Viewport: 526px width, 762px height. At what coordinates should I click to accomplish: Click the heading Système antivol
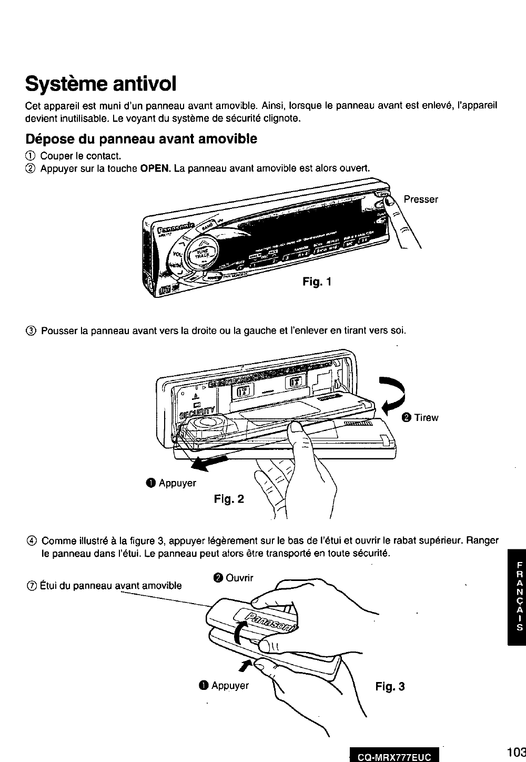100,83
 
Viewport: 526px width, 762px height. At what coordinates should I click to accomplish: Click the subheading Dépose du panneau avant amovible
141,139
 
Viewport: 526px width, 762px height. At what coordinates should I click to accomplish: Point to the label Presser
421,199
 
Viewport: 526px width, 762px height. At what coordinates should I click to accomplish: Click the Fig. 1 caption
317,282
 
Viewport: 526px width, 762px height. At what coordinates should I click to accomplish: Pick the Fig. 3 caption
390,686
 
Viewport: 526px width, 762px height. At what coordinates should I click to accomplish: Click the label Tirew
426,418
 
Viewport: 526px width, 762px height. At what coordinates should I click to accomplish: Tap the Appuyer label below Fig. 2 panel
177,483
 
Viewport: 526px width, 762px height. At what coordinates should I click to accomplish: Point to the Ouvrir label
239,578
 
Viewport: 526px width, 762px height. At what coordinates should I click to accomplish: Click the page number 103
517,751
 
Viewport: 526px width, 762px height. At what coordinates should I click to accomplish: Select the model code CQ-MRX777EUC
394,757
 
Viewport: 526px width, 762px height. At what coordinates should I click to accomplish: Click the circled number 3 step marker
31,331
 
